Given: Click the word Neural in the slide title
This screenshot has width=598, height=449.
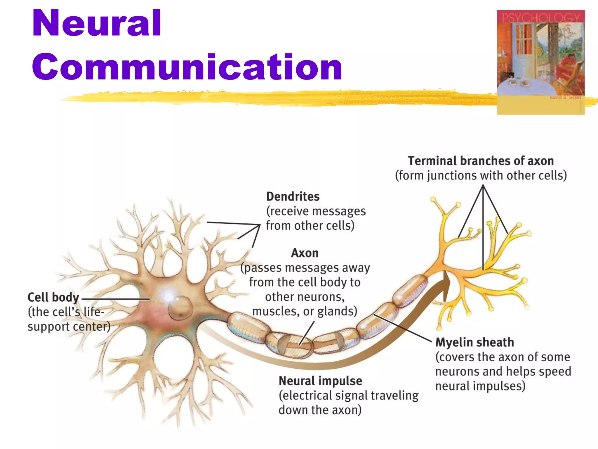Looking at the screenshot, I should pos(96,23).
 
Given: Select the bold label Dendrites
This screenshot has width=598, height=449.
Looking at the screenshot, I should pos(293,197).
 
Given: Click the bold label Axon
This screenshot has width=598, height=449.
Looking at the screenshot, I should pos(305,253).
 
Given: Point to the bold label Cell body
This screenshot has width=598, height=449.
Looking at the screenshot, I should pos(53,298).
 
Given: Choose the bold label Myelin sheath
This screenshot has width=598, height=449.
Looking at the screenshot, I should pos(474,342).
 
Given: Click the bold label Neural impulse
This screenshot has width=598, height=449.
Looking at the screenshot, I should pos(320,381).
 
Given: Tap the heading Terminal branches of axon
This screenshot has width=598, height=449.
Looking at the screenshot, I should pos(481,161).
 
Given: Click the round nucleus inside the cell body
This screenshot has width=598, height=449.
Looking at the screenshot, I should pos(180,308).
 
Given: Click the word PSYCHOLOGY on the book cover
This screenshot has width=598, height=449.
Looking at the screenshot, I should pos(541,18).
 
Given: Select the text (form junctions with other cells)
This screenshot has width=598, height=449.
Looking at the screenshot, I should pos(481,176).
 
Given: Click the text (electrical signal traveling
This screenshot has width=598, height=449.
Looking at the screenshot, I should pos(349,396).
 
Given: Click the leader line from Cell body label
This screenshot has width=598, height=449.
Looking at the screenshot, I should pos(116,299).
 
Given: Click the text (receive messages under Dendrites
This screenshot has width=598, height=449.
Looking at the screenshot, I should pos(316,211).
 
